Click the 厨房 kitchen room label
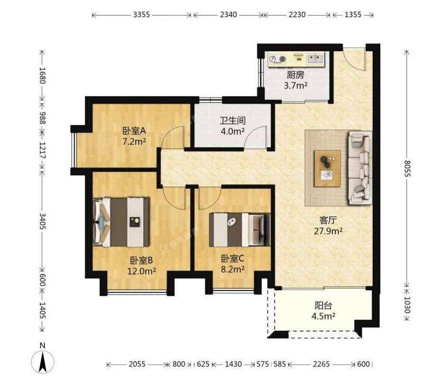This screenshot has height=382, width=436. (295, 75)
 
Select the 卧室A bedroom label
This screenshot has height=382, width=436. (134, 130)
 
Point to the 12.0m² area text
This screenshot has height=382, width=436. (141, 271)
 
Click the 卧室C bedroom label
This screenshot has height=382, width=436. (232, 259)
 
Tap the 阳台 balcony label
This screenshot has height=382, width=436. (324, 306)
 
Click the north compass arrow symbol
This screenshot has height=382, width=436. (43, 361)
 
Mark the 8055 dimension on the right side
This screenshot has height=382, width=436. (407, 169)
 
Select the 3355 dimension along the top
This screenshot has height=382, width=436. (141, 14)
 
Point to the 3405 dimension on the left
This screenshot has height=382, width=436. (42, 221)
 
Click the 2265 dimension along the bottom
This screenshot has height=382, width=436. (321, 364)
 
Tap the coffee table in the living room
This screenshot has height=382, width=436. (327, 169)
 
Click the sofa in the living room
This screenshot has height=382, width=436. (361, 168)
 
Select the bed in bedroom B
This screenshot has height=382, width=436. (121, 222)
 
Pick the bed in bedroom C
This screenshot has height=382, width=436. (240, 230)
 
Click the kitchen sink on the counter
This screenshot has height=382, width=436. (315, 59)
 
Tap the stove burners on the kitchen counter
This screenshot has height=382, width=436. (277, 59)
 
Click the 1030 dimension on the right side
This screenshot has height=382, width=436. (407, 305)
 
